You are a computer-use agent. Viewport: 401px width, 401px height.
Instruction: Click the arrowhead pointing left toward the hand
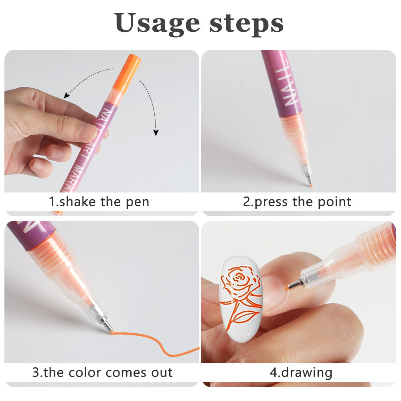[67, 96]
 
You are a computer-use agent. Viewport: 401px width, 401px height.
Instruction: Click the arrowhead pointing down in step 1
[156, 132]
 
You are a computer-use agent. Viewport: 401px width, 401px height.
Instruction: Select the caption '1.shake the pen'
[99, 201]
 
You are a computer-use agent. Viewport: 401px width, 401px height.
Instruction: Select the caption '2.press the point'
[297, 201]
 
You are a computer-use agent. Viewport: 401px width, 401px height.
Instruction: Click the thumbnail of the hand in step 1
[87, 130]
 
